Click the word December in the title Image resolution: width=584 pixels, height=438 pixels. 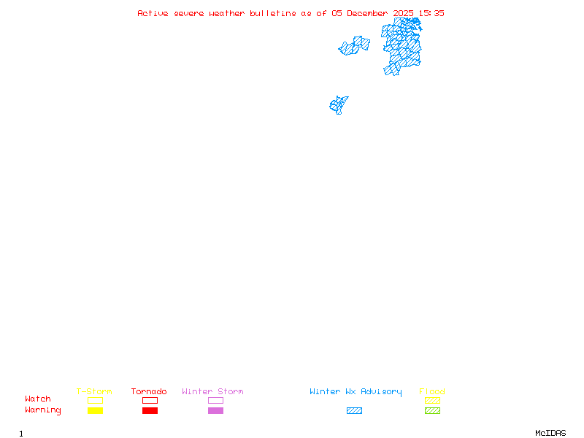[367, 13]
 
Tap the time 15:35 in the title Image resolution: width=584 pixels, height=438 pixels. [431, 13]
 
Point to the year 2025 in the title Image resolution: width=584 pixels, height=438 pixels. [404, 13]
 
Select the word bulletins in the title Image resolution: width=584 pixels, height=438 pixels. [273, 13]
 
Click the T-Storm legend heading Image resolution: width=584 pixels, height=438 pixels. [94, 392]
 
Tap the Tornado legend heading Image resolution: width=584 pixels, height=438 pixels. [149, 392]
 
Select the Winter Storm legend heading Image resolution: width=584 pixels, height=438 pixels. [212, 392]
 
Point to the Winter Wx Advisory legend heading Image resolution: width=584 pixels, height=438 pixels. [356, 392]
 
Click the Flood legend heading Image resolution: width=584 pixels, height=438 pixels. [432, 392]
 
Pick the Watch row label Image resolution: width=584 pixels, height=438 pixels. [38, 399]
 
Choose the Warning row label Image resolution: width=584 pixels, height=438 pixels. [43, 410]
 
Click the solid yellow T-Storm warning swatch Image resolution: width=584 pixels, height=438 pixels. [95, 411]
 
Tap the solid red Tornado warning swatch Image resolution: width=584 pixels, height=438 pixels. [150, 411]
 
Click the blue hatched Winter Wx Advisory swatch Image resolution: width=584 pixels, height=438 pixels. [354, 411]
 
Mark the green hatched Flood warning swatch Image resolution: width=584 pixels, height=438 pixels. [432, 411]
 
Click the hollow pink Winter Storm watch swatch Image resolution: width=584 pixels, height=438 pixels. [215, 401]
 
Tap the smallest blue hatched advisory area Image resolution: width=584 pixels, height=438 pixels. [338, 105]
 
